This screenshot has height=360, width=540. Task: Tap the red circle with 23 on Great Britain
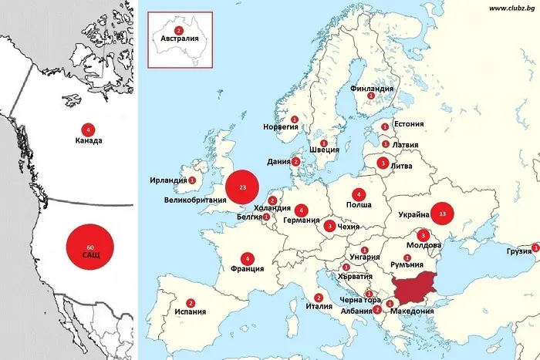tap(243, 188)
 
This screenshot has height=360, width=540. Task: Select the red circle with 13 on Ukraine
tap(442, 213)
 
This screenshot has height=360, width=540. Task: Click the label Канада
tap(89, 141)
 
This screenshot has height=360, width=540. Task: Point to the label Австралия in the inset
tap(180, 39)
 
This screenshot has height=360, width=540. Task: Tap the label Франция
tap(247, 270)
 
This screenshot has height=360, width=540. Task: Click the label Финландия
tap(372, 89)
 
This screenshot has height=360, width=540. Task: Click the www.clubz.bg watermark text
tap(511, 7)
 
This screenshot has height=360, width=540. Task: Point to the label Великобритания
tap(195, 200)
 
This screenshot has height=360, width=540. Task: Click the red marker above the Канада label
tap(89, 130)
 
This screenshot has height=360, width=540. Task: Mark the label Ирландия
tap(169, 180)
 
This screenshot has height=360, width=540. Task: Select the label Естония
tap(409, 123)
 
